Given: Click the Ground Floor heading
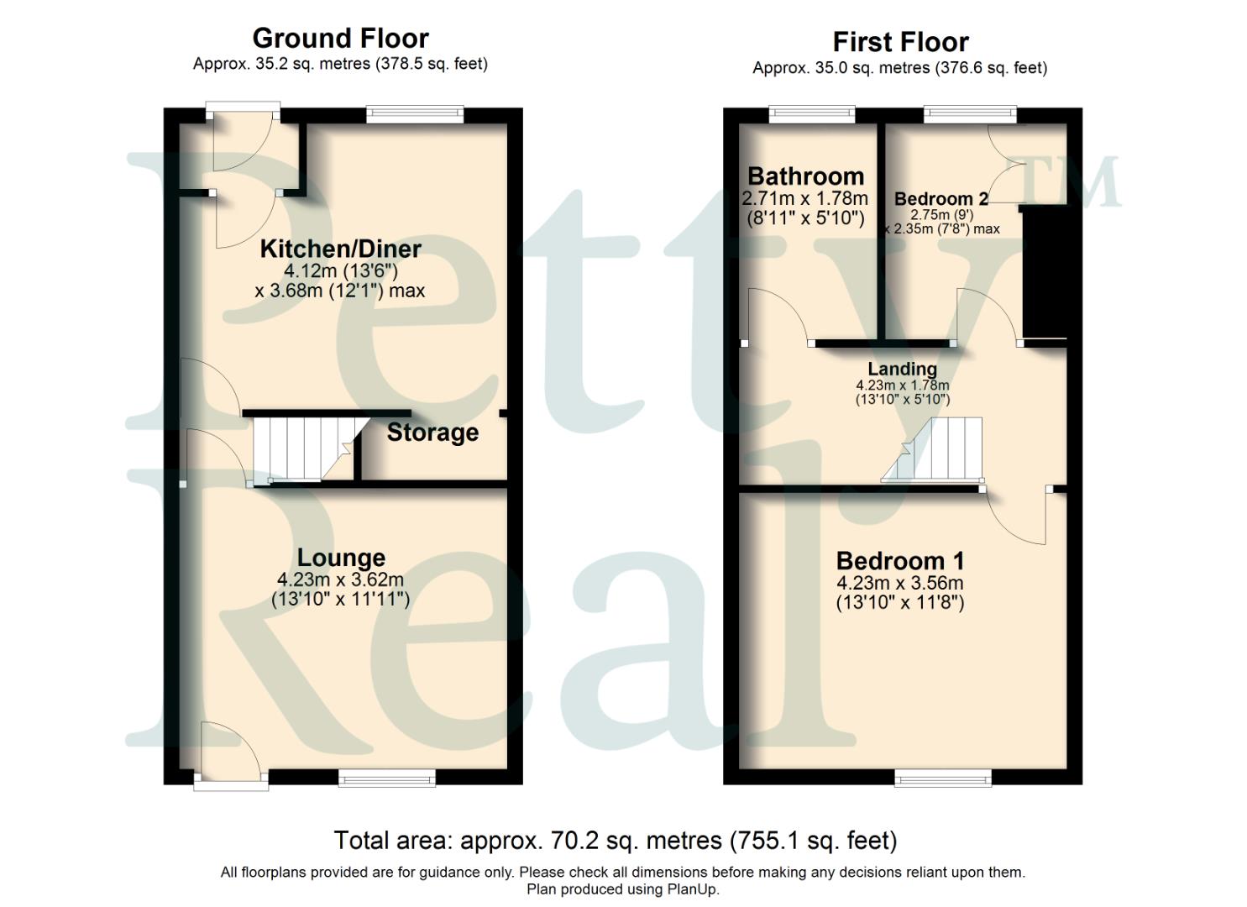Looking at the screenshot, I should point(340,39).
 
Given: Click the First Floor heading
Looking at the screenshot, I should point(900,42).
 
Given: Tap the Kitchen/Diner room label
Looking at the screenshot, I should point(340,249).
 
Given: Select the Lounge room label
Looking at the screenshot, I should point(341,558).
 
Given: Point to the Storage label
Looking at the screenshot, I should point(432,433).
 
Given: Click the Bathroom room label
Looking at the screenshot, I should point(805,176).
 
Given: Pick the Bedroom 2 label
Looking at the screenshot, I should point(940,199).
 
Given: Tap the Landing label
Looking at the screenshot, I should point(902,369).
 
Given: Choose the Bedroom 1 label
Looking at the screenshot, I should point(900,561).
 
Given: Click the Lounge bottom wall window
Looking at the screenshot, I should point(387,779).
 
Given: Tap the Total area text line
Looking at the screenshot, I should point(616,841).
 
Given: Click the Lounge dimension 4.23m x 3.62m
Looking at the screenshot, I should point(340,579).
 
